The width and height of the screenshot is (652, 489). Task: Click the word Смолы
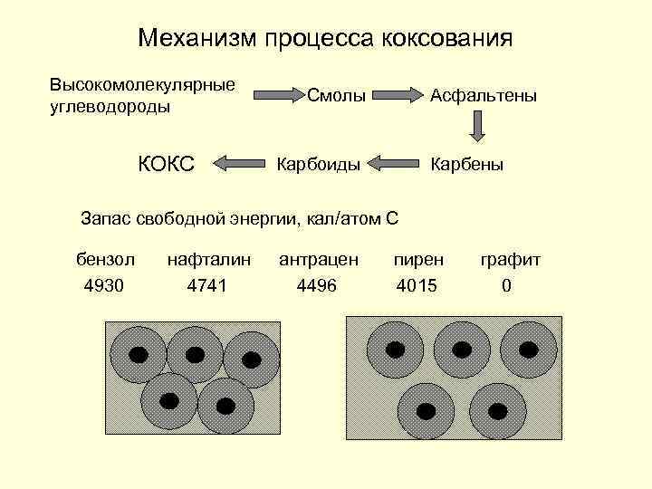336,94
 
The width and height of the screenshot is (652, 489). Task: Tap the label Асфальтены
484,94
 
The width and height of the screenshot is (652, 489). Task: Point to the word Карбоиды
319,165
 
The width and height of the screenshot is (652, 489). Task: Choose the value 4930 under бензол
104,286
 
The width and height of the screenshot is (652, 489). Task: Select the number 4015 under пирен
417,286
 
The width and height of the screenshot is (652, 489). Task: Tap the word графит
511,260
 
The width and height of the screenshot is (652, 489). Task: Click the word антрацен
319,260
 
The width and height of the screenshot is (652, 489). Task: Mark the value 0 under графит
506,286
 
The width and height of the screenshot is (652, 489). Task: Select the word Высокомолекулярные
143,84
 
